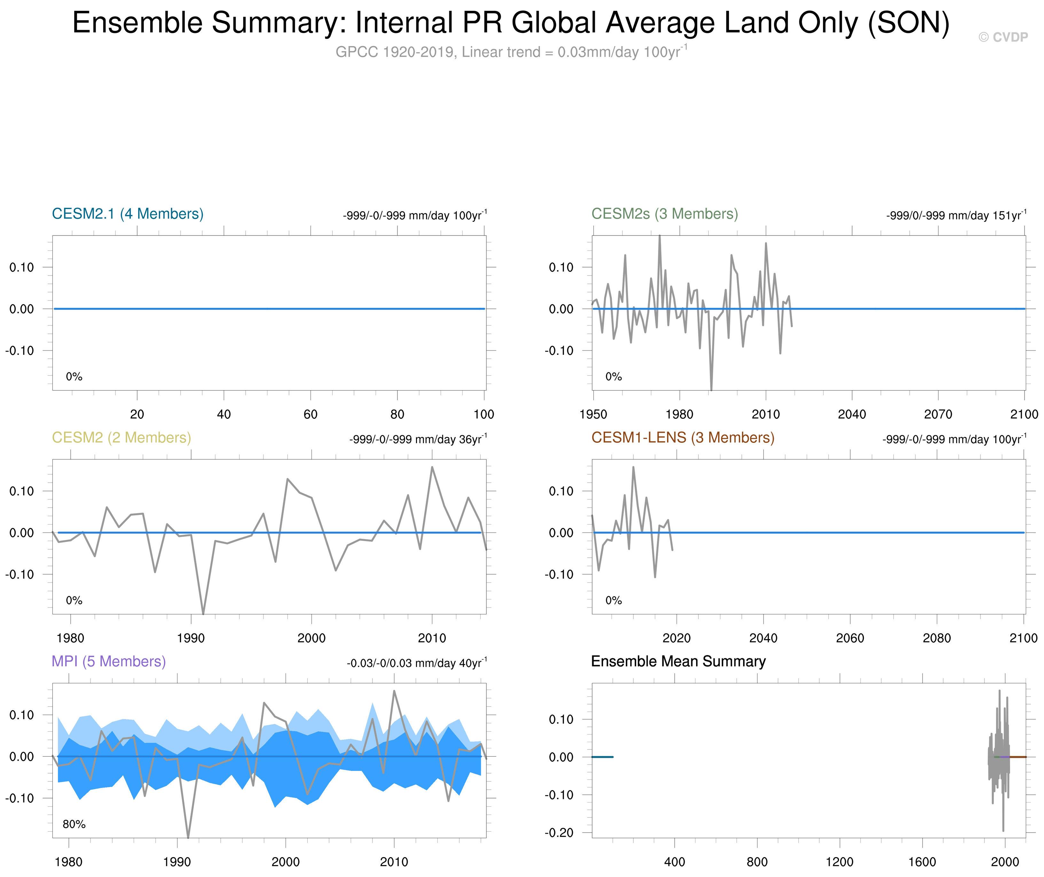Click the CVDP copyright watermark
pyautogui.click(x=1003, y=37)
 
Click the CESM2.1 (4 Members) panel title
pyautogui.click(x=127, y=214)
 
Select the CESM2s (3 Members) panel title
pyautogui.click(x=664, y=214)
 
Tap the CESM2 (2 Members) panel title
pyautogui.click(x=122, y=438)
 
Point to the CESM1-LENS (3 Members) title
pyautogui.click(x=682, y=438)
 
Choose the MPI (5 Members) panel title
pyautogui.click(x=108, y=661)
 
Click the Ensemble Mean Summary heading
pyautogui.click(x=678, y=661)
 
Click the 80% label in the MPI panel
pyautogui.click(x=74, y=824)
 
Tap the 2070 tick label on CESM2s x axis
pyautogui.click(x=938, y=414)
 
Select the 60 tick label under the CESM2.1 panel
pyautogui.click(x=310, y=414)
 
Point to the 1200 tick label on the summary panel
pyautogui.click(x=840, y=862)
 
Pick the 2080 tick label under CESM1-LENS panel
pyautogui.click(x=937, y=638)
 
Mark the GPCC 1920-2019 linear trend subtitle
pyautogui.click(x=511, y=52)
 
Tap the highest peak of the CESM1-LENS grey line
pyautogui.click(x=633, y=467)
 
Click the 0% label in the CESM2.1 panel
pyautogui.click(x=74, y=377)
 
